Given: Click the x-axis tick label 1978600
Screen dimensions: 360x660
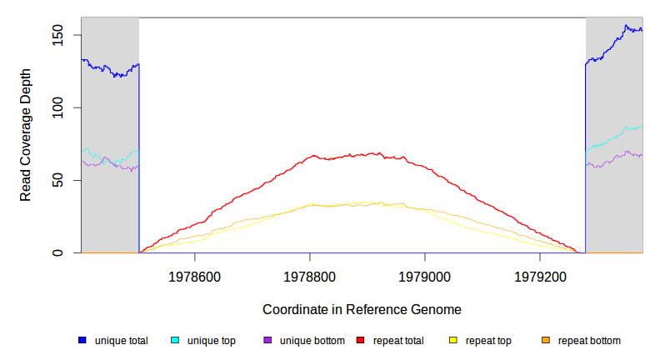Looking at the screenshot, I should pos(194,276).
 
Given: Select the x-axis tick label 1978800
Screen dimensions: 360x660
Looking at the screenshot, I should pos(310,276).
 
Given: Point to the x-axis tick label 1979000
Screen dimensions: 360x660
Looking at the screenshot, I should pos(425,276).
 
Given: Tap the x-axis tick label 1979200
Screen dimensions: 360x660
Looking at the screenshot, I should pos(540,276).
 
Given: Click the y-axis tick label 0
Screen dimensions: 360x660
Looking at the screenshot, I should pos(57,252).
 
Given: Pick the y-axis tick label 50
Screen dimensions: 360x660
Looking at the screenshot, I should pos(57,180).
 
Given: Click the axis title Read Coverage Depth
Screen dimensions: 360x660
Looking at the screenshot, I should pos(26,135).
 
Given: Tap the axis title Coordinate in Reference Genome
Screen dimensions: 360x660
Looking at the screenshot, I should pos(362,309).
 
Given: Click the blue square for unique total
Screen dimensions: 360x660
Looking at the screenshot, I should pos(82,341).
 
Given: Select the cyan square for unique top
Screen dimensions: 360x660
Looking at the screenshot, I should pos(175,341).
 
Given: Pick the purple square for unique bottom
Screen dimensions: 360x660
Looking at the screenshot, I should pos(267,341).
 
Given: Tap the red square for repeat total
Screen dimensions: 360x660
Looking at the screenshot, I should pos(360,341).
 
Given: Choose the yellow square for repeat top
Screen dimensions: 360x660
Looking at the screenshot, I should pos(453,341).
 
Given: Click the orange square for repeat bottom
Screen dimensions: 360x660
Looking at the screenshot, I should pos(546,341).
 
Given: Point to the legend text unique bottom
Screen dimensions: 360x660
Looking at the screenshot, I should pos(312,341).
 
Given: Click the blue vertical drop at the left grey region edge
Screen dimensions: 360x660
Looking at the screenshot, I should pos(138,158).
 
